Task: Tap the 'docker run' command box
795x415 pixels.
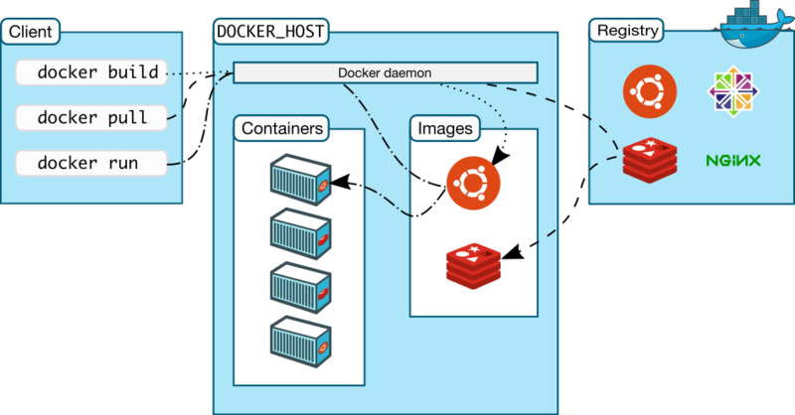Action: point(89,162)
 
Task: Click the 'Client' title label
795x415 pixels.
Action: point(31,31)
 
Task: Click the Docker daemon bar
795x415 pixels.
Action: point(386,72)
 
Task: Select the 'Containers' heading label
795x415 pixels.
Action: point(281,129)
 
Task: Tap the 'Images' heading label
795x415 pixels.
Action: point(445,129)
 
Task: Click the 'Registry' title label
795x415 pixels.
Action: point(627,31)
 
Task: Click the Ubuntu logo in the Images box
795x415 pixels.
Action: point(472,183)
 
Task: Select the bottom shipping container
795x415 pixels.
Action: point(299,340)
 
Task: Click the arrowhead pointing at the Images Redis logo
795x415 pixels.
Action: point(514,255)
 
